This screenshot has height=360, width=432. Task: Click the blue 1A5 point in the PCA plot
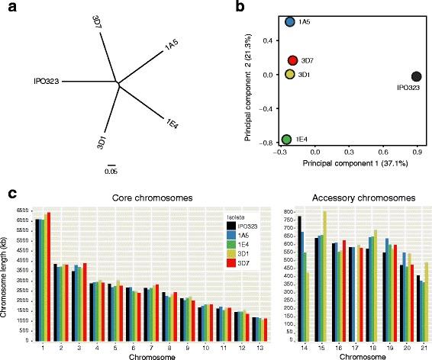291,22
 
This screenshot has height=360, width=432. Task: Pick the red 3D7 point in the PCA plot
292,60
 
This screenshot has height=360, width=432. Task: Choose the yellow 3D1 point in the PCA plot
291,74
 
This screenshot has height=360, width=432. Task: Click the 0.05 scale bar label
111,172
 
